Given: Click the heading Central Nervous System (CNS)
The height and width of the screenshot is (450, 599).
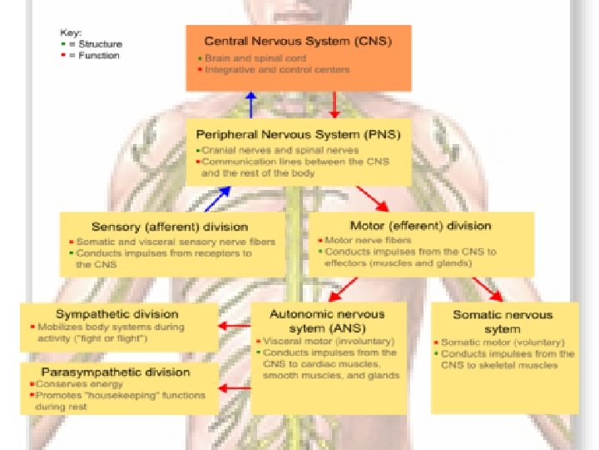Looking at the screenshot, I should [x=297, y=39].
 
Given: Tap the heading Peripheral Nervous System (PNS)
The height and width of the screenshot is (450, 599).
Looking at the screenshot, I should [x=297, y=133].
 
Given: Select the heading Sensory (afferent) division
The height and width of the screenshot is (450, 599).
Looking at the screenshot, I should [x=170, y=226].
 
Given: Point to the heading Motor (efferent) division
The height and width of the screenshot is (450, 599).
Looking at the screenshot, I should [x=420, y=225].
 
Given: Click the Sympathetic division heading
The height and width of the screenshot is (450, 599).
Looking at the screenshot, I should [x=116, y=314].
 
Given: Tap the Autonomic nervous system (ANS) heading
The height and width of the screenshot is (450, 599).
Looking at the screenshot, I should [x=327, y=321].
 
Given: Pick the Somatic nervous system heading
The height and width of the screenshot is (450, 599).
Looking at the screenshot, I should [x=502, y=322].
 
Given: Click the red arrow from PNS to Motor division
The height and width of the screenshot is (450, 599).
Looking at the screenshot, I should [x=372, y=198].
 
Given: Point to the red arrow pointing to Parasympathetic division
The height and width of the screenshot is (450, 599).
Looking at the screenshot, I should [x=235, y=387].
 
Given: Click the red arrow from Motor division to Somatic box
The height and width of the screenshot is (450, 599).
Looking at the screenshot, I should [x=488, y=289].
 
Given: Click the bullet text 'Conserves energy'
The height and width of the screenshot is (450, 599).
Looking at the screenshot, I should [x=78, y=384].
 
